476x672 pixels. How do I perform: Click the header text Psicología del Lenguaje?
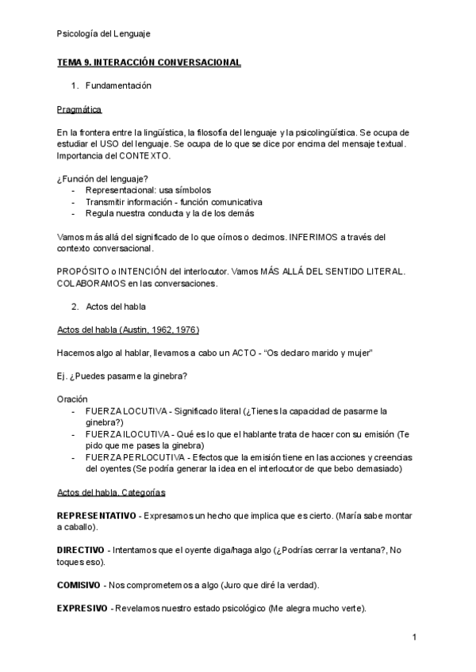(104, 33)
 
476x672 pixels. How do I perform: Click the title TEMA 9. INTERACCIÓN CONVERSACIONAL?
(149, 62)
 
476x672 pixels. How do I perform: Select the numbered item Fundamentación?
(118, 85)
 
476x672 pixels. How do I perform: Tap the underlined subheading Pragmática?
(79, 109)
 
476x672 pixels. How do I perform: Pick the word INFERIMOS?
(316, 236)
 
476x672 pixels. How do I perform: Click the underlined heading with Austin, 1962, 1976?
(128, 329)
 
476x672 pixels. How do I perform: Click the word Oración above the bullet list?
(72, 399)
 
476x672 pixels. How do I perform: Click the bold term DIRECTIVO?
(81, 550)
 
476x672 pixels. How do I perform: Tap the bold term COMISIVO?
(79, 585)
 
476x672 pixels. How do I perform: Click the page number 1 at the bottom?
(415, 637)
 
